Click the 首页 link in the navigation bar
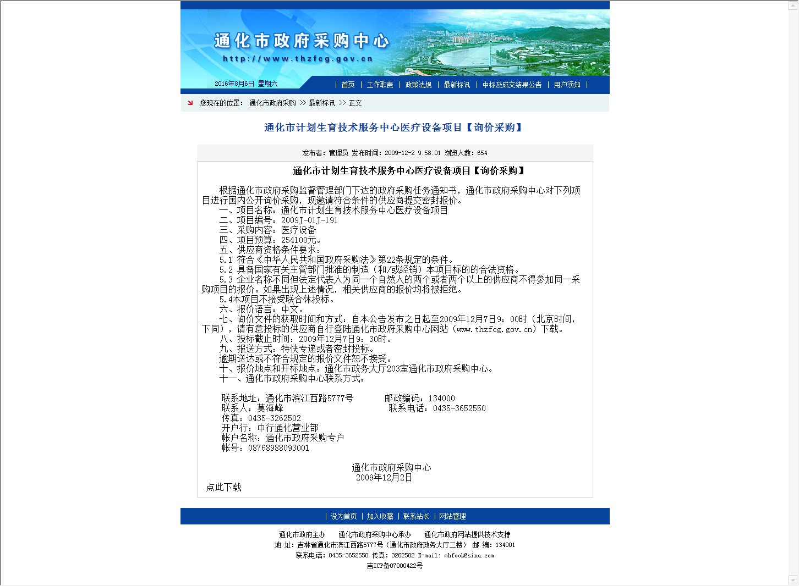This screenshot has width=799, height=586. (x=348, y=85)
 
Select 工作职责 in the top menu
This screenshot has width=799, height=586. (x=380, y=85)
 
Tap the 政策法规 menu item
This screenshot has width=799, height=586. (x=418, y=85)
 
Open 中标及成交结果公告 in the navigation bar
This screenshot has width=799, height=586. (x=512, y=85)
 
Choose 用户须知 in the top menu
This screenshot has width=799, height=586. (x=567, y=85)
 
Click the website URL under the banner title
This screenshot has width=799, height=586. (x=298, y=59)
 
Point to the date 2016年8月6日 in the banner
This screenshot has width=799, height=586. (x=234, y=84)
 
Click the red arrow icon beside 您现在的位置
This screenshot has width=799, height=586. (x=190, y=103)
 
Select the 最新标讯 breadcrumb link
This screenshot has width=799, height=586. (x=322, y=103)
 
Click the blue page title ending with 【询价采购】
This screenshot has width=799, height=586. (x=393, y=128)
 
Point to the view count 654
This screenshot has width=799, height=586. (x=482, y=153)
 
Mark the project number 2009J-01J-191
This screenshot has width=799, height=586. (x=309, y=220)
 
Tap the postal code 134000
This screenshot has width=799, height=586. (x=441, y=399)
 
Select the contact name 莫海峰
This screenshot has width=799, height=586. (x=270, y=408)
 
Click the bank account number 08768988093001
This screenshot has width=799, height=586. (x=278, y=448)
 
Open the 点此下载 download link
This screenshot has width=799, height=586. (x=224, y=487)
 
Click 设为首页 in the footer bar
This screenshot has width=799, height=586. (x=343, y=516)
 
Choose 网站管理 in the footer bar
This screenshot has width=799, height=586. (x=452, y=516)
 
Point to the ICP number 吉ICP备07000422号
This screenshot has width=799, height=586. (x=395, y=566)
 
